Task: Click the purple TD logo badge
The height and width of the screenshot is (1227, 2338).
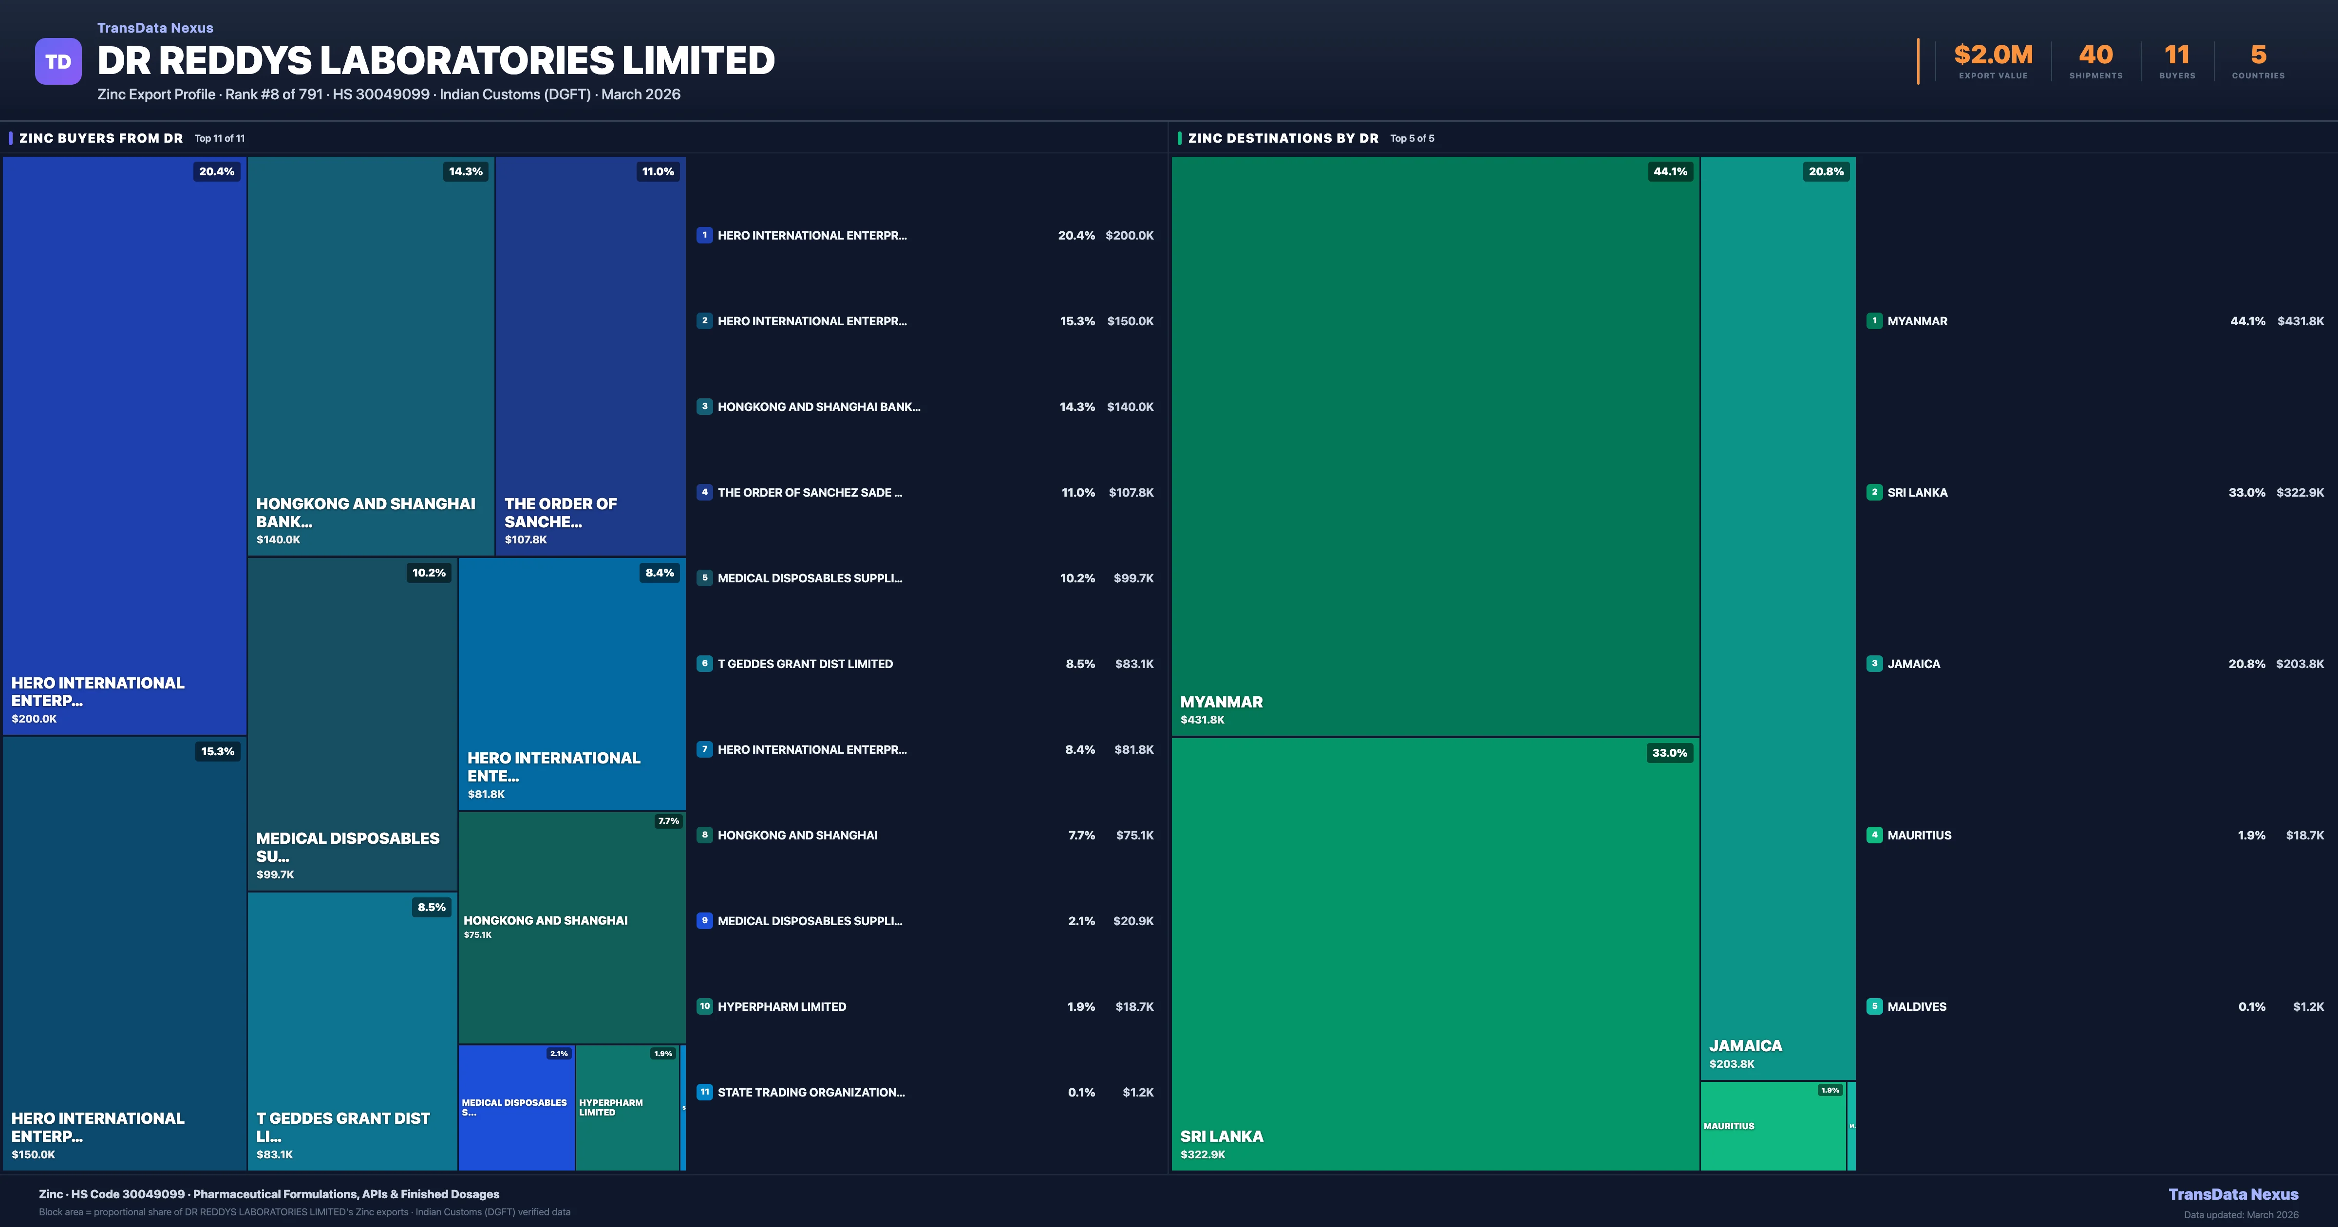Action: (x=58, y=62)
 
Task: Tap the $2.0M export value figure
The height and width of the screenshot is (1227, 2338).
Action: (x=1993, y=56)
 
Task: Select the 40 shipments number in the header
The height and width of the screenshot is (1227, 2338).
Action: (x=2095, y=56)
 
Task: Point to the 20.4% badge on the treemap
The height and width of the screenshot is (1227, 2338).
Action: (x=217, y=171)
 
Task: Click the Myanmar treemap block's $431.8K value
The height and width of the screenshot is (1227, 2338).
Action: (x=1203, y=720)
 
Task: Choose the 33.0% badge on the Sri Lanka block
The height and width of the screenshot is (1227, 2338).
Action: (x=1669, y=753)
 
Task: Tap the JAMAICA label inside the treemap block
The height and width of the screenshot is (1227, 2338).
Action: (x=1745, y=1045)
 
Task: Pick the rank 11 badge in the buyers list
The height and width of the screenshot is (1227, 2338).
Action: (x=704, y=1092)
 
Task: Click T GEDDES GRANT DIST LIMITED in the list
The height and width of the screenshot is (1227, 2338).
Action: (x=805, y=664)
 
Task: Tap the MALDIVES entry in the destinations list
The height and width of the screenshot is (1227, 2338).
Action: (x=1917, y=1006)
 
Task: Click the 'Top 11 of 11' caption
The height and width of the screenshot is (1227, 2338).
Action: (x=220, y=139)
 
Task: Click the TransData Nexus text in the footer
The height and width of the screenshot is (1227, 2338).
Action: (x=2233, y=1194)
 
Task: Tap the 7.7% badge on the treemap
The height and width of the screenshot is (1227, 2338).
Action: (x=668, y=821)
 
